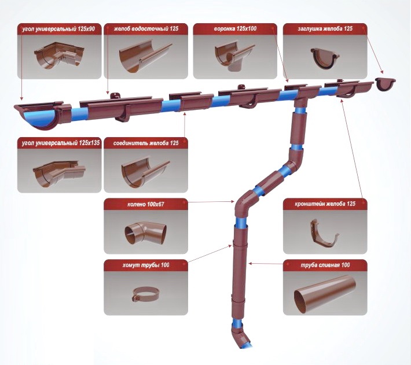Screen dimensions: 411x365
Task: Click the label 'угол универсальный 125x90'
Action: point(58,29)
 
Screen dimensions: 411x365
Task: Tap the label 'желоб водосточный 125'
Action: point(146,29)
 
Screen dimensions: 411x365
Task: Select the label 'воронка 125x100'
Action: point(235,29)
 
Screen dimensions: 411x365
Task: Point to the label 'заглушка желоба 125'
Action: point(325,29)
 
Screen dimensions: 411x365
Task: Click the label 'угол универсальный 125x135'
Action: point(61,143)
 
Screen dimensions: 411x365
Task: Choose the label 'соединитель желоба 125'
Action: point(146,143)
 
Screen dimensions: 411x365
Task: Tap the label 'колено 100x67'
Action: point(146,204)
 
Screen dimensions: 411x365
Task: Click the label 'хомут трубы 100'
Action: point(146,266)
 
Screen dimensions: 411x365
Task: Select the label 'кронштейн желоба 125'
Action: point(325,204)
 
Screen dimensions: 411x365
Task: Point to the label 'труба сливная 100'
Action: point(325,266)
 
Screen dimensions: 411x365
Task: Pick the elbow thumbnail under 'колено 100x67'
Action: point(145,233)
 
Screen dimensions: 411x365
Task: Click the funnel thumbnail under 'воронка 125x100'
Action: point(234,56)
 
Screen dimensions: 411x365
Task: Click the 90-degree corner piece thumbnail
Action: point(58,56)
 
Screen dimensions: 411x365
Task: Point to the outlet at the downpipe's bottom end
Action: point(240,337)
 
